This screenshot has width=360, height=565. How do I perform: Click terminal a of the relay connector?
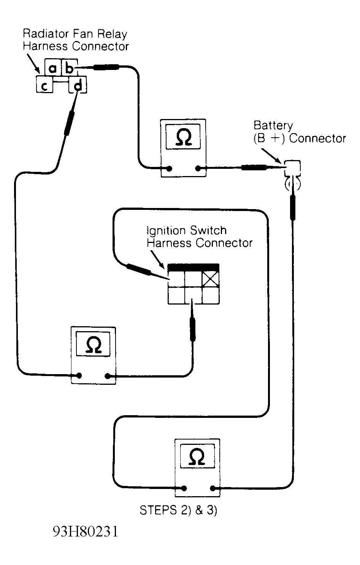(53, 68)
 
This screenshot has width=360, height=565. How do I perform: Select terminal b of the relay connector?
(69, 68)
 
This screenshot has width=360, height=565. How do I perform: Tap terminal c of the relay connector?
(44, 86)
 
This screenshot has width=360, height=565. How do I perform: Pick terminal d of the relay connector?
(78, 86)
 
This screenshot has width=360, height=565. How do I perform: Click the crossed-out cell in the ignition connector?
(210, 279)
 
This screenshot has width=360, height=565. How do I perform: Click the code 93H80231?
(85, 532)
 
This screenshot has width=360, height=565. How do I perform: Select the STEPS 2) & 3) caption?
(178, 509)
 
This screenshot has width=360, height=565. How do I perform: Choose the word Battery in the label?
(273, 125)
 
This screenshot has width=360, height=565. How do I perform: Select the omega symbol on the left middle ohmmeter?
(94, 345)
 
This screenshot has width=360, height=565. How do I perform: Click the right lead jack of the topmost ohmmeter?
(198, 168)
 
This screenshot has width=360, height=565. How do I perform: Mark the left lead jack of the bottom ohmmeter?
(184, 488)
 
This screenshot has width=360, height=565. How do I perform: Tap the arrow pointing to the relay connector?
(34, 64)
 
